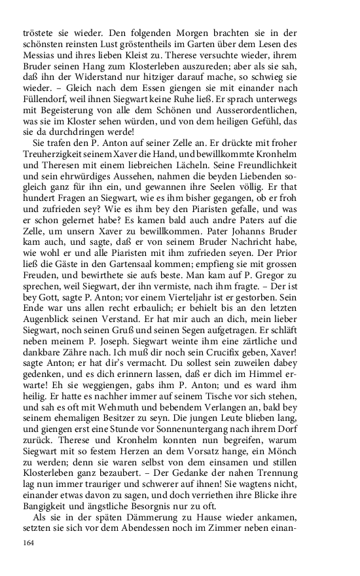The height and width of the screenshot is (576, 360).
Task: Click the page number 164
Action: pyautogui.click(x=28, y=543)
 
